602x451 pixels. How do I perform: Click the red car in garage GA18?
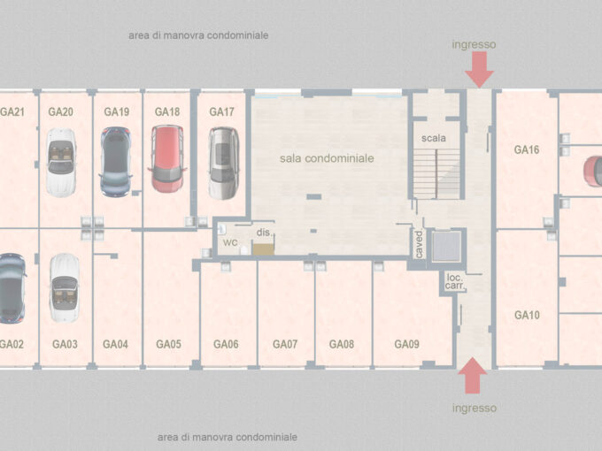[167, 159]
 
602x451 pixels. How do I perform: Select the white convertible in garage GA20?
[61, 162]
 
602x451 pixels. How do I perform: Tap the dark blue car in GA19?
[116, 162]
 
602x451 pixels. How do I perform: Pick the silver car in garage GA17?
[224, 163]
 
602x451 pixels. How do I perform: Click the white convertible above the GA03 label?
[64, 287]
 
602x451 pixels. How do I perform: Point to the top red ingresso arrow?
[479, 69]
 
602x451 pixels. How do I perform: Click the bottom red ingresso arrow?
[473, 376]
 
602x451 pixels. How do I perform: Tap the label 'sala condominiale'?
[327, 158]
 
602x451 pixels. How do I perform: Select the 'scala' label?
[434, 138]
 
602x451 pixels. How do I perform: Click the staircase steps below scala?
[436, 173]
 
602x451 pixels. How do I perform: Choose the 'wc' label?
[230, 242]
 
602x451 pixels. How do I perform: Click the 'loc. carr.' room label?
[455, 282]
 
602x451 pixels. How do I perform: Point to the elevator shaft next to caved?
[446, 246]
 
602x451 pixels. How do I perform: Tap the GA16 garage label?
[527, 149]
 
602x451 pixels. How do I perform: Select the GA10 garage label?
[527, 315]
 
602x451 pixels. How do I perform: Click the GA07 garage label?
[285, 344]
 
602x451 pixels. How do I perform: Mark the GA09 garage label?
[407, 344]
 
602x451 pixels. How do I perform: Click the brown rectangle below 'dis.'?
[264, 249]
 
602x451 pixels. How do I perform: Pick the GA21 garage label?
[12, 111]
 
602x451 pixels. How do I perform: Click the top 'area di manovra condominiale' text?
[198, 35]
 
